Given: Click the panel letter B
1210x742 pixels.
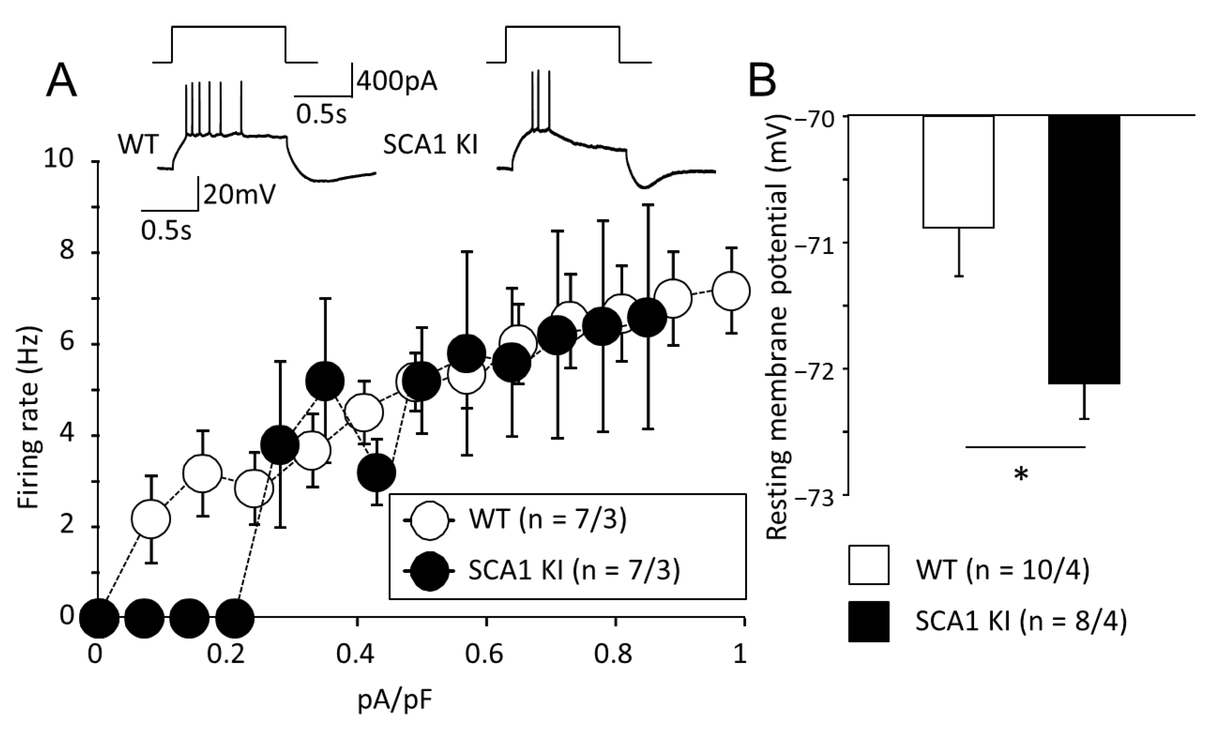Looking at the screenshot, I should [762, 81].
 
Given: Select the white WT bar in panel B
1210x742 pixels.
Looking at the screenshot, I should [958, 172].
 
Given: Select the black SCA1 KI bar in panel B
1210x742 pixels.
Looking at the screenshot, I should [1084, 249].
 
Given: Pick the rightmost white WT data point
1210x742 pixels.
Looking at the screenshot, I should [731, 291].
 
